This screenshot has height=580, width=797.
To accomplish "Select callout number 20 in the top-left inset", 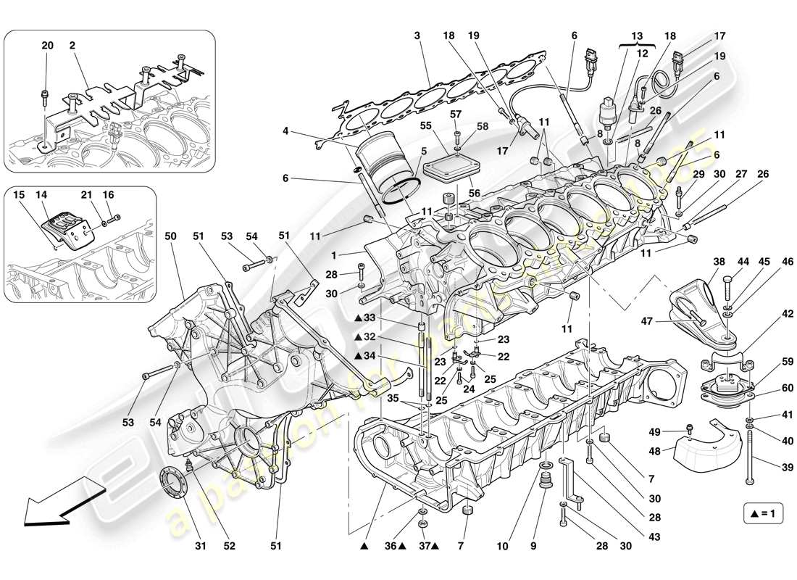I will [x=47, y=46].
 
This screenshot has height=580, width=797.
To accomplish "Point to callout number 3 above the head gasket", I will [x=417, y=36].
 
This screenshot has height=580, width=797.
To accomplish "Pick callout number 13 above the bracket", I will [x=637, y=36].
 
